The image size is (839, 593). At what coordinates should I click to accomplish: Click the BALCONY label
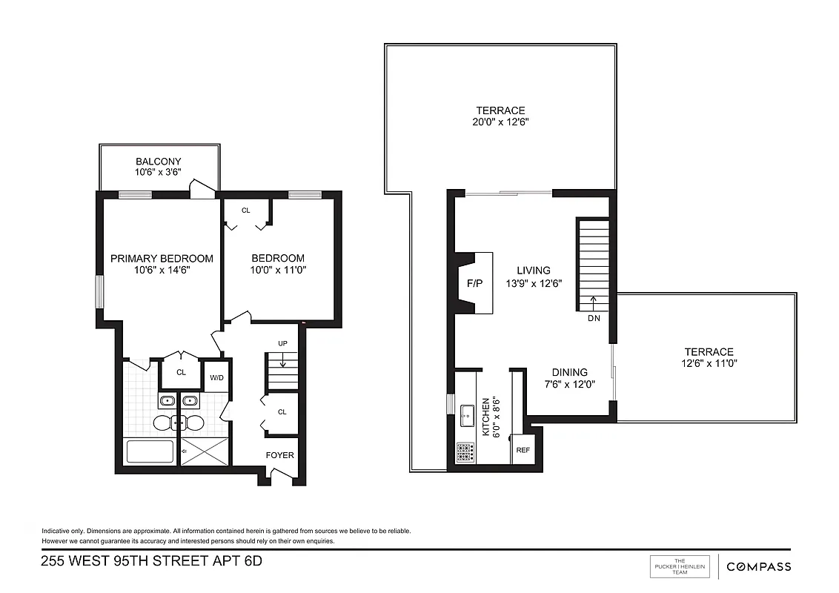pos(158,162)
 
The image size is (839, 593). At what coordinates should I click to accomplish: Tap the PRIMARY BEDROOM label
pos(162,259)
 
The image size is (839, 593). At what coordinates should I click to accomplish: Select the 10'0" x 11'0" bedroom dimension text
pos(278,271)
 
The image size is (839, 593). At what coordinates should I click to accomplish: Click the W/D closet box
pos(216,377)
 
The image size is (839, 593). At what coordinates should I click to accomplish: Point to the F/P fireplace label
pos(474,283)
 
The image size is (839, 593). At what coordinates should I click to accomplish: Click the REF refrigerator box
pos(523,450)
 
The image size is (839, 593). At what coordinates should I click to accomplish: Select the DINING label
pos(569,373)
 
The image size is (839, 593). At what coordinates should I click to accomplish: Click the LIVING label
pos(534,271)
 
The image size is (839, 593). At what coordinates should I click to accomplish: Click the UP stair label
pos(282,343)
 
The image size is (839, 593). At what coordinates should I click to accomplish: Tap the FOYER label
pos(280,455)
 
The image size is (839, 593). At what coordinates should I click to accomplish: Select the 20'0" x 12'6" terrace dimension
pos(500,122)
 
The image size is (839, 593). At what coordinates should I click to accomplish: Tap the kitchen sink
pos(467,415)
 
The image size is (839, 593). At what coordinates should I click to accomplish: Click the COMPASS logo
pos(758,567)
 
